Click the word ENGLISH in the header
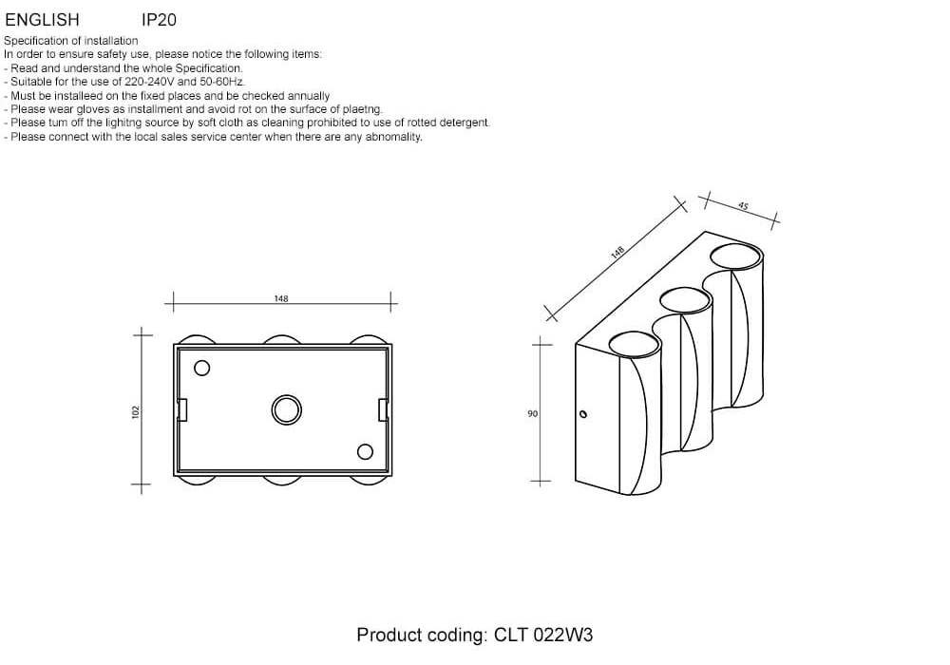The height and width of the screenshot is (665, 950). pyautogui.click(x=42, y=20)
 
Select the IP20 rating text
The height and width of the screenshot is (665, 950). pyautogui.click(x=159, y=20)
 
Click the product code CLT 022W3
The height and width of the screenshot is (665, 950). pyautogui.click(x=543, y=635)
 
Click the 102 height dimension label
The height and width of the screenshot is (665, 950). pyautogui.click(x=135, y=412)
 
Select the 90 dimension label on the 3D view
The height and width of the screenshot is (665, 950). pyautogui.click(x=532, y=413)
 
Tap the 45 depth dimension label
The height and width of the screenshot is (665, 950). pyautogui.click(x=743, y=206)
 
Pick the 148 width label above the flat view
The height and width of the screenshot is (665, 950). pyautogui.click(x=281, y=298)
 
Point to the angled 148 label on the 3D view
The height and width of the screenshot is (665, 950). pyautogui.click(x=617, y=252)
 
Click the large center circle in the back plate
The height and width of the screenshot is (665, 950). pyautogui.click(x=287, y=410)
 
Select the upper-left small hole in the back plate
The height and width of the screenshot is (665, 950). pyautogui.click(x=201, y=368)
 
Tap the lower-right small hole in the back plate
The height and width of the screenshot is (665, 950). pyautogui.click(x=365, y=452)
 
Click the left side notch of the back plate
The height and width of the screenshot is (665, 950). pyautogui.click(x=181, y=410)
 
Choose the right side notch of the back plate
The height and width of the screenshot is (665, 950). pyautogui.click(x=383, y=410)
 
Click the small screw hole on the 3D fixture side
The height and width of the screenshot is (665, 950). pyautogui.click(x=583, y=414)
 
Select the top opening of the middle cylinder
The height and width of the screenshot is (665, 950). pyautogui.click(x=685, y=301)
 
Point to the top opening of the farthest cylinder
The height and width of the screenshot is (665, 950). pyautogui.click(x=736, y=256)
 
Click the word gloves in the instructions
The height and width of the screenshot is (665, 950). pyautogui.click(x=93, y=109)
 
